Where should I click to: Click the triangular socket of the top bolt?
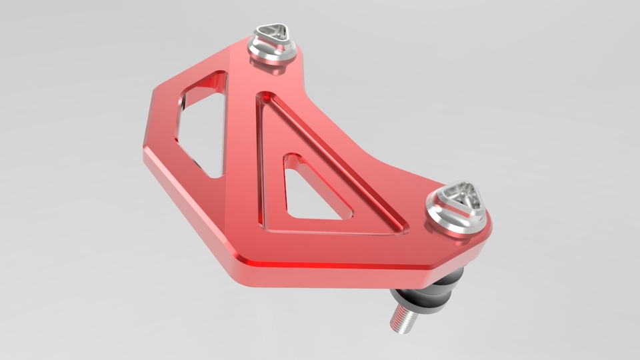273,33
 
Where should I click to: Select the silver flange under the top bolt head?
273,55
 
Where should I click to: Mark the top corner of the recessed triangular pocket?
265,97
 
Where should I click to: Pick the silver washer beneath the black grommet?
417,303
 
